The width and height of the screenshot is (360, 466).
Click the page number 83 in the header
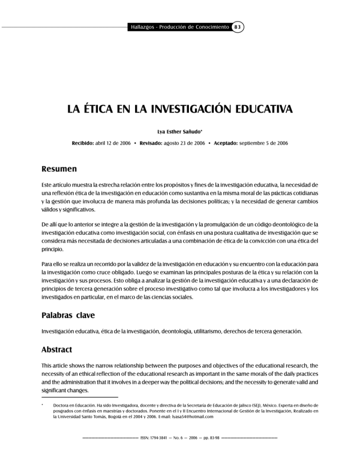coord(238,27)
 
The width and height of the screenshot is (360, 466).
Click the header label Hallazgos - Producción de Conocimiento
coord(179,27)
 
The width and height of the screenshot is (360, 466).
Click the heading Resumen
coord(59,169)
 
